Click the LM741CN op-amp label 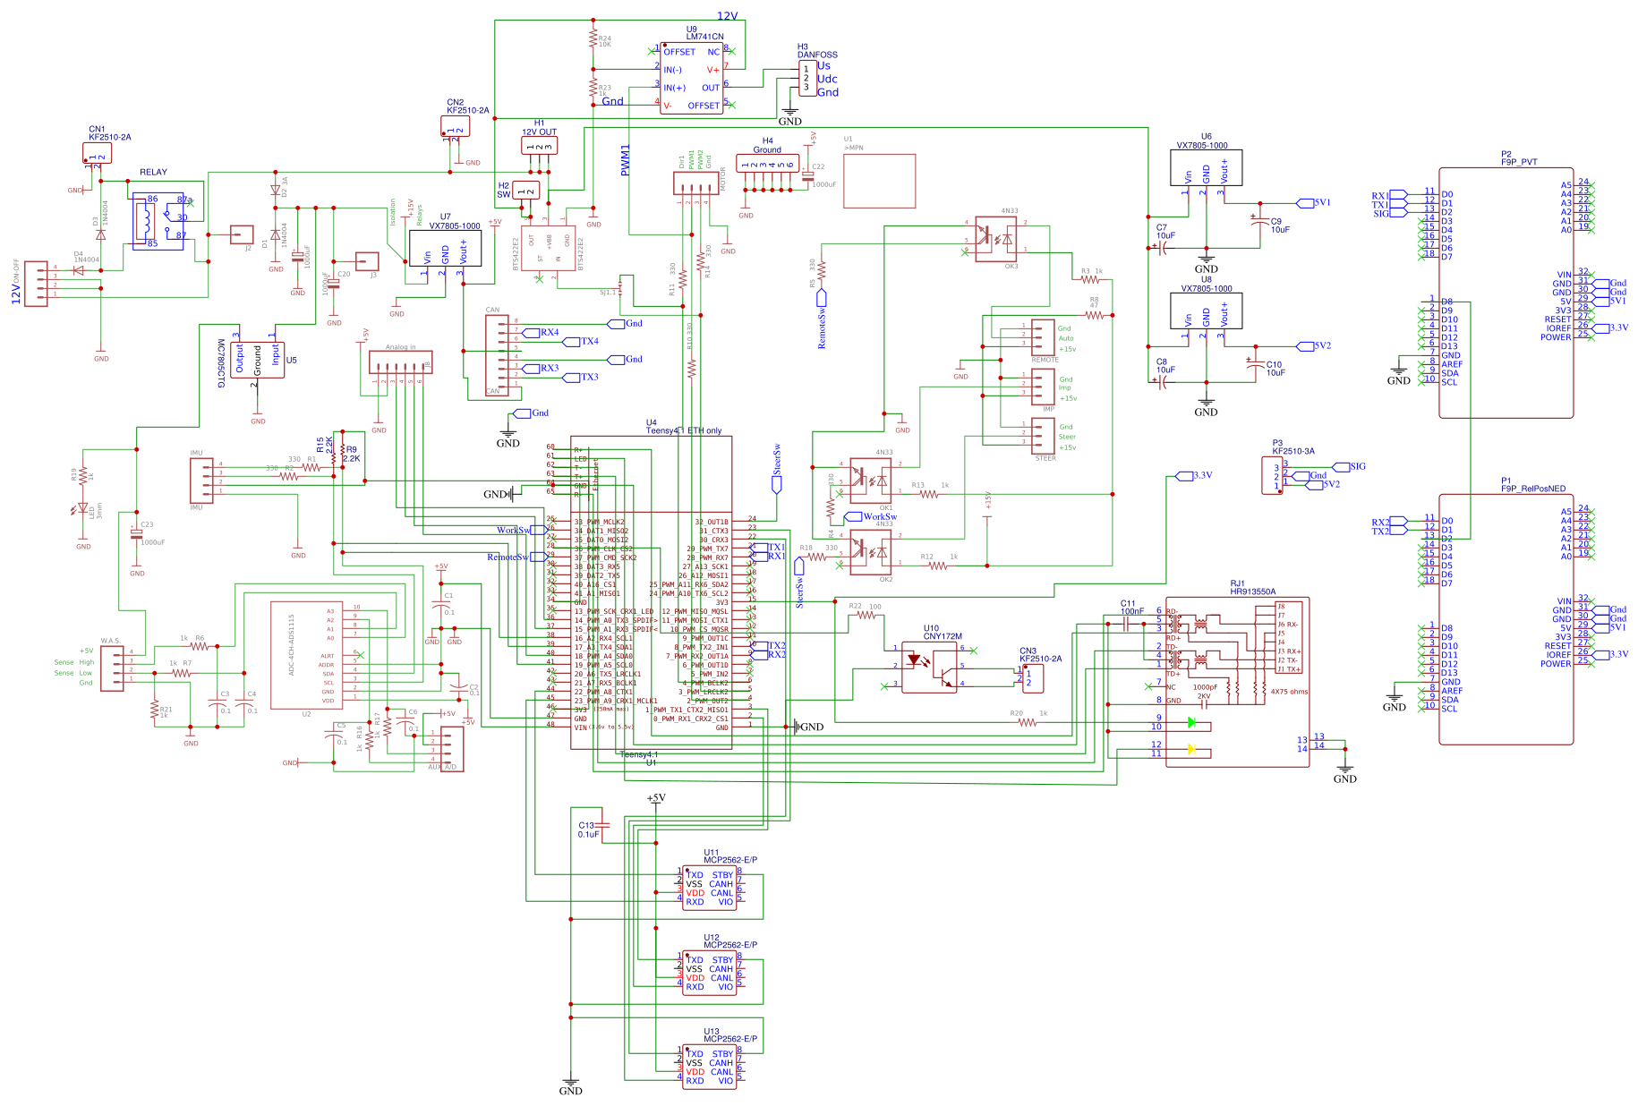coord(704,37)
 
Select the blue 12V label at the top coord(727,16)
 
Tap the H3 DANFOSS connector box coord(806,79)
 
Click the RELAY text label coord(153,172)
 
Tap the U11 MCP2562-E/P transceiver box coord(709,888)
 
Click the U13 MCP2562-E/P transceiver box coord(709,1067)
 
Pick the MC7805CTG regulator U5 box coord(257,360)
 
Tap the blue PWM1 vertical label coord(626,159)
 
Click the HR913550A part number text coord(1252,591)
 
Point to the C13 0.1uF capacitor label coord(588,829)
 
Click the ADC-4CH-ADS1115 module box coord(306,655)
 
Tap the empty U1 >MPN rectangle coord(879,181)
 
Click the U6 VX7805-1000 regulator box coord(1206,168)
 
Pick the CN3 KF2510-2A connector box coord(1033,677)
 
